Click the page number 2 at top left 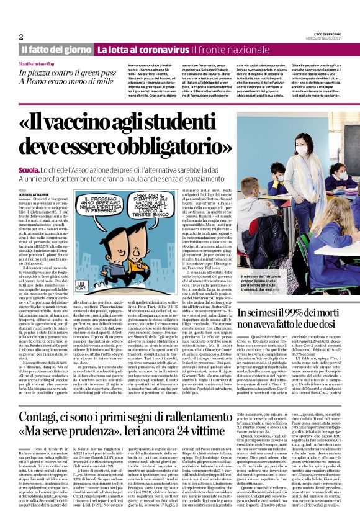(x=21, y=37)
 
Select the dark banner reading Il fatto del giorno (x=56, y=49)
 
